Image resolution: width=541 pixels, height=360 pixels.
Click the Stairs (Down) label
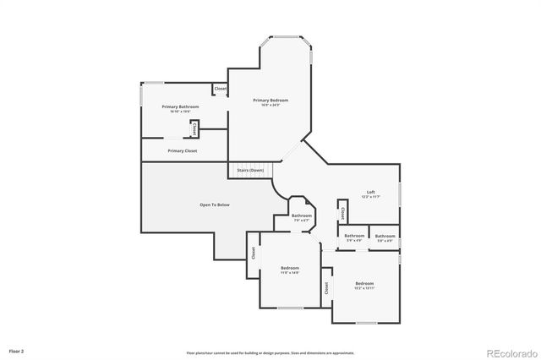[x=250, y=170]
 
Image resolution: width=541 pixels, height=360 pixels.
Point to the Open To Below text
[x=214, y=205]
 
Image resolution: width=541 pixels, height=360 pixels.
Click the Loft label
[x=370, y=192]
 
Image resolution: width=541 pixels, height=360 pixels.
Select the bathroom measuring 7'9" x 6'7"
[x=302, y=215]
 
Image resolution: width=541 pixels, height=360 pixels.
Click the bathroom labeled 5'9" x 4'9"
[x=354, y=236]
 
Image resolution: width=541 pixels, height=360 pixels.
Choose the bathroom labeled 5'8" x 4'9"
[x=385, y=236]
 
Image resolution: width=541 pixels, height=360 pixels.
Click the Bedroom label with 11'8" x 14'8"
[x=290, y=268]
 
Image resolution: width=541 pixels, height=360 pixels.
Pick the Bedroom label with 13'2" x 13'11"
[x=364, y=283]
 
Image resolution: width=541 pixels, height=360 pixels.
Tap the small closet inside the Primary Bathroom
[x=194, y=129]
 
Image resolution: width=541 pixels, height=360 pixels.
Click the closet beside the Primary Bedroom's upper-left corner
[x=220, y=88]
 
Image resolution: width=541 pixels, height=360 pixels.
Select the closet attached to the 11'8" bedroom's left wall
[x=253, y=252]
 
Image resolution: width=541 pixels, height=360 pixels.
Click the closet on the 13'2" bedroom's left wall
[x=326, y=287]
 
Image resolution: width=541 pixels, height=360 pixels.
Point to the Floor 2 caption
[x=16, y=350]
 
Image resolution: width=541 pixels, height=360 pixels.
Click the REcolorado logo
[x=509, y=352]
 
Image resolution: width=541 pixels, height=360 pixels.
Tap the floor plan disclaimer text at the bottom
[x=270, y=352]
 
